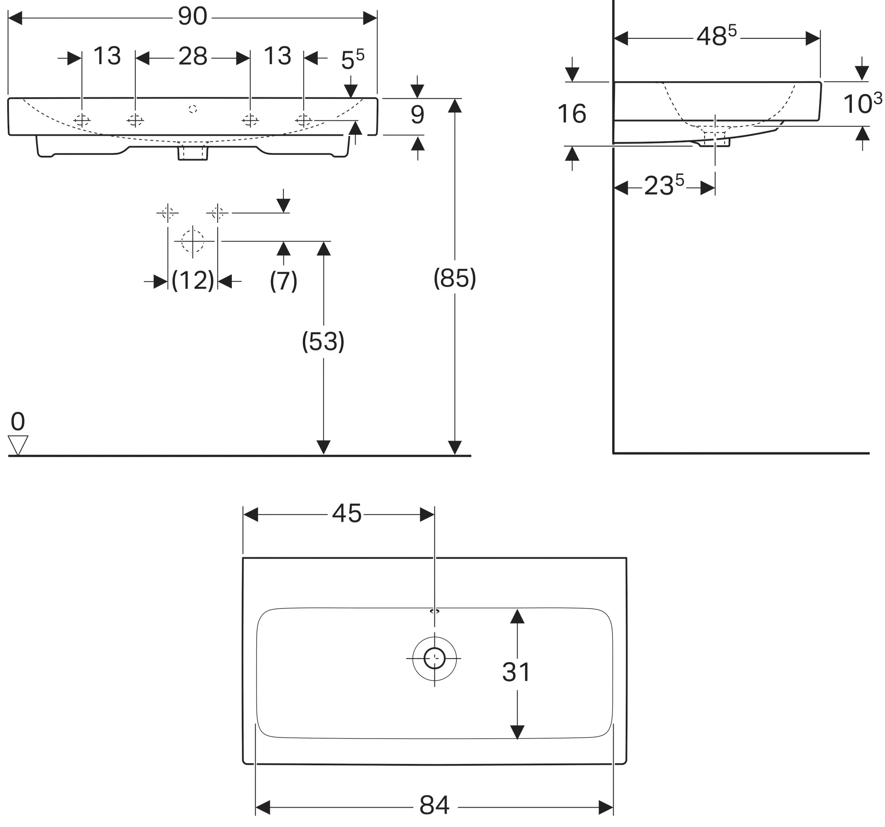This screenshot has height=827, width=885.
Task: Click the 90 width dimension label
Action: click(x=192, y=17)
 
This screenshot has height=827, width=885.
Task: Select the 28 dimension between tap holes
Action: click(x=193, y=57)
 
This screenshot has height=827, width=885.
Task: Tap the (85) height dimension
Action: click(x=455, y=278)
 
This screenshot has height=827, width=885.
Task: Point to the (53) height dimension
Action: click(x=323, y=342)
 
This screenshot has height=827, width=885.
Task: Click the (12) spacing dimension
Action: click(x=193, y=281)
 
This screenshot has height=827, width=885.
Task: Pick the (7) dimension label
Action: click(x=283, y=281)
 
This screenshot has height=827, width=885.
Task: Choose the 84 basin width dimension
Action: click(x=434, y=805)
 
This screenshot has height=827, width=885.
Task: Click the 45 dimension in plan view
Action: click(x=347, y=514)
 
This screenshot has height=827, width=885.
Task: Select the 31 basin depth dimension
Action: click(x=516, y=672)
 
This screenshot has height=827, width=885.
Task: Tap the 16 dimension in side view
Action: click(x=572, y=113)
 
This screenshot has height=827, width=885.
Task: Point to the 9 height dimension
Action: click(x=417, y=115)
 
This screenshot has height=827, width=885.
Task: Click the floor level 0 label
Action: click(x=18, y=421)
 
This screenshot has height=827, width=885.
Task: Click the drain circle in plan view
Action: click(x=434, y=658)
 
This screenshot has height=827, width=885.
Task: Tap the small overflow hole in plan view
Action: click(x=434, y=611)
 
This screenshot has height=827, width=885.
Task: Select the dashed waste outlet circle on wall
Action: click(x=193, y=241)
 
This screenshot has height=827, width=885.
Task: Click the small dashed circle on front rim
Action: click(x=193, y=109)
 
